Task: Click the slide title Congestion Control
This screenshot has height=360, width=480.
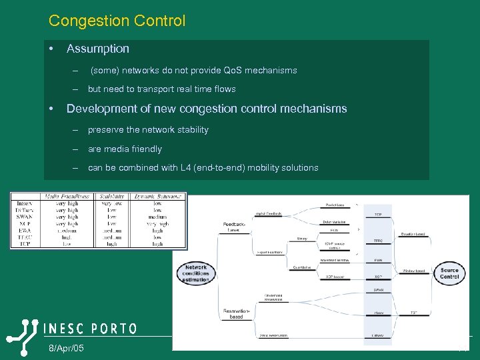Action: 117,21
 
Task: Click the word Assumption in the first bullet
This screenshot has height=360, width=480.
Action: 98,49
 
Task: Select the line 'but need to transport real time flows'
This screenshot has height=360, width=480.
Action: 161,89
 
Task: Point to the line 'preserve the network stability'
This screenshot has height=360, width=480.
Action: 148,130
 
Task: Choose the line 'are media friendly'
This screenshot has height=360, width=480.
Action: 125,149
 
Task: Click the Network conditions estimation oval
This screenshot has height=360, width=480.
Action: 196,273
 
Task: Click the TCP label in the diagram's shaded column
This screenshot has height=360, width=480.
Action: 377,215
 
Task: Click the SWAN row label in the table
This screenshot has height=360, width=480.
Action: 23,217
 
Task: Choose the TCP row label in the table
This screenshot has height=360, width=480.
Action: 25,244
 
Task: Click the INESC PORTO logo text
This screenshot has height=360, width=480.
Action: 90,329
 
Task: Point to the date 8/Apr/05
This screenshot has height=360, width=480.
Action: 66,349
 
